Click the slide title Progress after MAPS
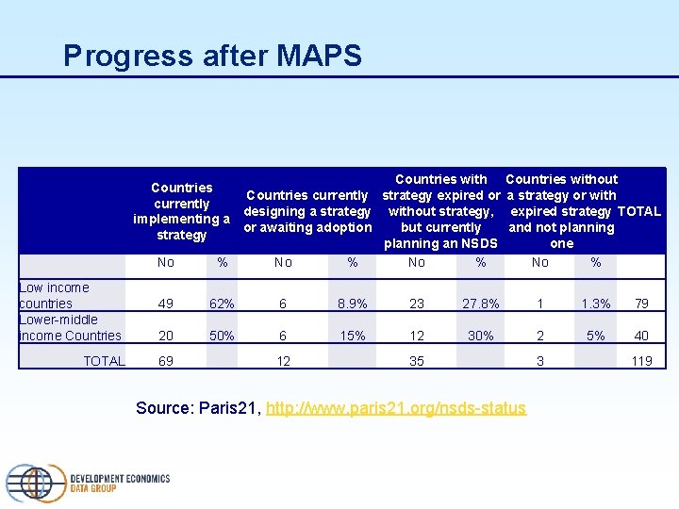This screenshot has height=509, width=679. pos(212,56)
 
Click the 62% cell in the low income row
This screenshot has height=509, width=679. pos(222,304)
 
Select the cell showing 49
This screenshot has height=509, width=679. pos(166,304)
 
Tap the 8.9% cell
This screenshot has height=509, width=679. pos(353,304)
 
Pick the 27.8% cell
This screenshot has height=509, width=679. pos(481,304)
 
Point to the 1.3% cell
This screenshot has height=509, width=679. pos(596,304)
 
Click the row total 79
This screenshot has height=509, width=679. pos(641,304)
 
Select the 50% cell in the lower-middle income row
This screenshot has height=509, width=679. pos(222,336)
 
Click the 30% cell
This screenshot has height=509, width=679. pos(481,336)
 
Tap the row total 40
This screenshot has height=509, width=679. pos(641,336)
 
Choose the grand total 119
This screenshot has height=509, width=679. pos(641,361)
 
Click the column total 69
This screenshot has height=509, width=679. pos(166,361)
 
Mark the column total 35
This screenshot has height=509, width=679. pos(417,361)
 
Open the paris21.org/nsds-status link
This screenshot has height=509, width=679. pos(396,408)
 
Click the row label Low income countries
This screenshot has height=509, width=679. pos(55,295)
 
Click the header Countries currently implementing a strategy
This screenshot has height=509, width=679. pos(181,211)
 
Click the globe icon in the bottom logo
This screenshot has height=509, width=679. pos(36,482)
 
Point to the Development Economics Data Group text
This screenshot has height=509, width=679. pos(120,484)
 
